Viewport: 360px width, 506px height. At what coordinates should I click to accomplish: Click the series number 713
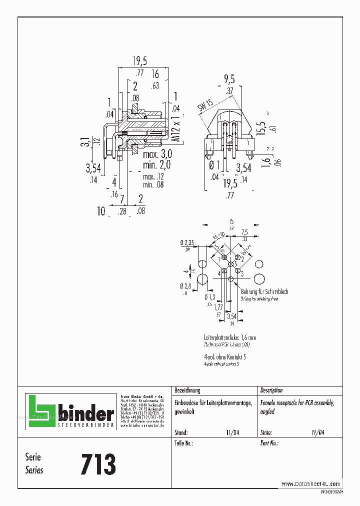98,464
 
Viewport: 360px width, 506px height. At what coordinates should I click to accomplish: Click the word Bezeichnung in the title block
187,390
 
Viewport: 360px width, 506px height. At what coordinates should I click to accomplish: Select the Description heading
271,390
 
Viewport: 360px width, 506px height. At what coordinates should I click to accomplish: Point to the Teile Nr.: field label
183,443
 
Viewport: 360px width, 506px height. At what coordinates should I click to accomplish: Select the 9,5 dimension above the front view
229,79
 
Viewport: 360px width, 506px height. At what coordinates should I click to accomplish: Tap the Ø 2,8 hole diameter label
186,285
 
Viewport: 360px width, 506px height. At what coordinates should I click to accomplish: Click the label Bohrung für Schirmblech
264,291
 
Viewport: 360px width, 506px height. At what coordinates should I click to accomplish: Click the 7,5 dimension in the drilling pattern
245,232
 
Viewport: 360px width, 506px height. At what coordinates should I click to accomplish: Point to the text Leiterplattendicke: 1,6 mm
230,337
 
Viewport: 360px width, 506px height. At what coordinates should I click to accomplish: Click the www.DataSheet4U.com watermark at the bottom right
311,483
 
